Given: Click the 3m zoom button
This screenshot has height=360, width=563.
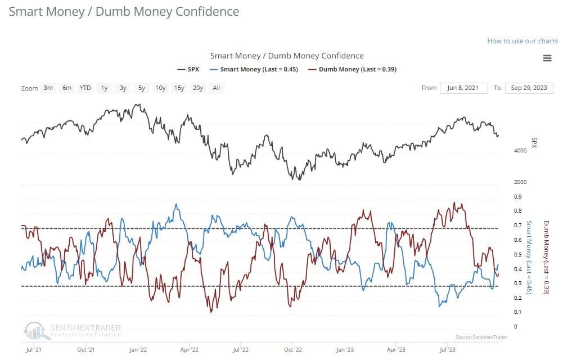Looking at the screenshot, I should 48,88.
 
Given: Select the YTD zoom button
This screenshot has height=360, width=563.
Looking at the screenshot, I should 85,88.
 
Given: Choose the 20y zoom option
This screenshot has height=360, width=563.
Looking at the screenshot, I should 197,88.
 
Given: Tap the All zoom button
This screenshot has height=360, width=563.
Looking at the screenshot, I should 217,88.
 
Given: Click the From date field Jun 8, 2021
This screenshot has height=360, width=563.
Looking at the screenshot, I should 464,88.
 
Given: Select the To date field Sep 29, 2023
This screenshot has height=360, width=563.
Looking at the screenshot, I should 529,88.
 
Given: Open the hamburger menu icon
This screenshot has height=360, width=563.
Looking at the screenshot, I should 547,58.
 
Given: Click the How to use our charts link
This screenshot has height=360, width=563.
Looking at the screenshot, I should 523,41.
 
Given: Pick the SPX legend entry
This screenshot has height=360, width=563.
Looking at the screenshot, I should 188,69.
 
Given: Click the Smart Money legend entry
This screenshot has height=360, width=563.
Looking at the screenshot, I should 253,69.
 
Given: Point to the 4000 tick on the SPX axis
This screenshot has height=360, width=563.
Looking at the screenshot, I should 520,151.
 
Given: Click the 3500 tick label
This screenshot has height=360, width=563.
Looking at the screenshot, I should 520,182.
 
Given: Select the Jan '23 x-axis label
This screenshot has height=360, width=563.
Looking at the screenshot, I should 344,349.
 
